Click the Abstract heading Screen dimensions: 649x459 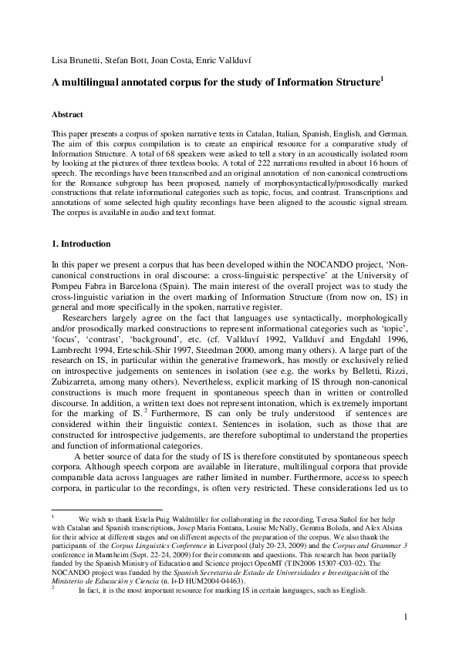pos(67,113)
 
